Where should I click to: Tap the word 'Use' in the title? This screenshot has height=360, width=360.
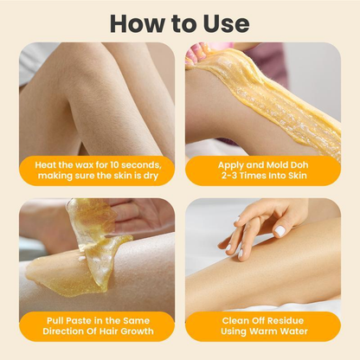click(x=221, y=22)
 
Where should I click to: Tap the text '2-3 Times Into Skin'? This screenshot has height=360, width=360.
click(x=262, y=177)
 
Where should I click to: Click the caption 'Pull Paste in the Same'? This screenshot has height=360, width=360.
click(x=97, y=320)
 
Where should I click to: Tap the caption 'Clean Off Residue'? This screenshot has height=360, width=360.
click(x=262, y=320)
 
